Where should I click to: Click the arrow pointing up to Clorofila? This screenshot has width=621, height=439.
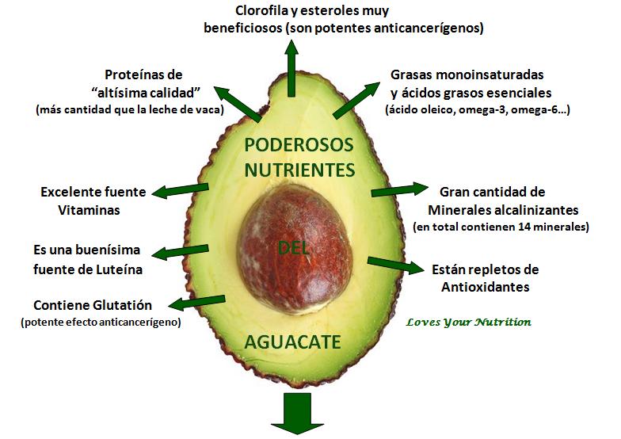coord(292,67)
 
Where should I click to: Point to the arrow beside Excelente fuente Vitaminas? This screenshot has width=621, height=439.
coord(181,190)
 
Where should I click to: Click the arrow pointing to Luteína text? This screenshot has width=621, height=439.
coord(180,254)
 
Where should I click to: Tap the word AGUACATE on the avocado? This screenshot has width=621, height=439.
coord(292,342)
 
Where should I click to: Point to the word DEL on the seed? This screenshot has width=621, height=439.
coord(293,248)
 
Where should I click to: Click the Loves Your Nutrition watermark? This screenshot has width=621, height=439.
coord(468,322)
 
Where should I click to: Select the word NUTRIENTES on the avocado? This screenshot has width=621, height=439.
coord(299,170)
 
